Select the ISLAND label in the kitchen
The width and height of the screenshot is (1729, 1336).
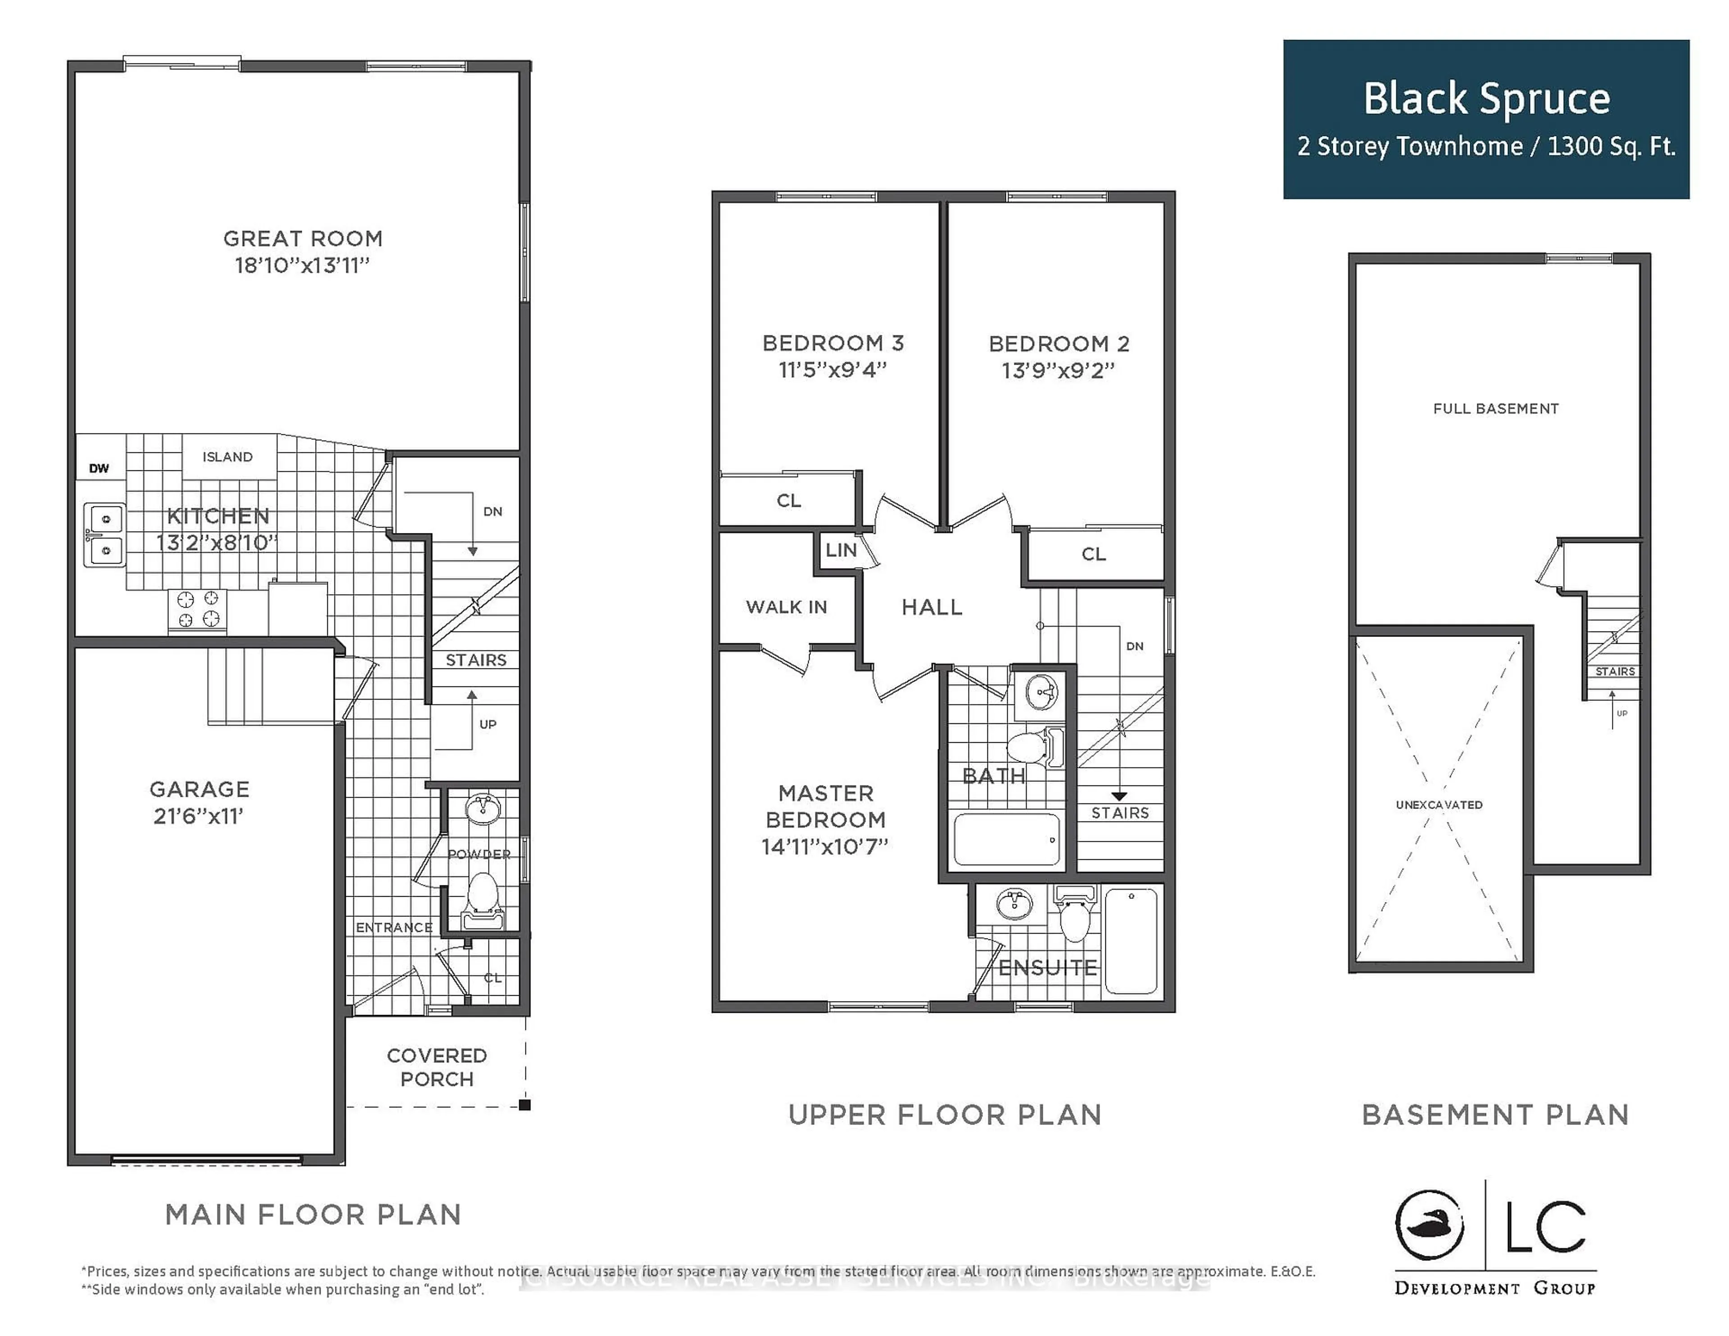[x=227, y=457]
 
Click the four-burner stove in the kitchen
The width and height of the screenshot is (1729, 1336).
[x=198, y=609]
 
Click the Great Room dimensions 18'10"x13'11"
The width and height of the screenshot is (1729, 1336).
[x=303, y=265]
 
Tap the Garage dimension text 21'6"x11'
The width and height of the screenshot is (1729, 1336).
[x=198, y=816]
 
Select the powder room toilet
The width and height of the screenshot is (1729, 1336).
[x=482, y=898]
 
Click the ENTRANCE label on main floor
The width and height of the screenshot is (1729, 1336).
[x=394, y=927]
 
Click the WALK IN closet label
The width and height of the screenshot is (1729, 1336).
[x=786, y=607]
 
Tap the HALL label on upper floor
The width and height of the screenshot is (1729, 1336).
[x=932, y=607]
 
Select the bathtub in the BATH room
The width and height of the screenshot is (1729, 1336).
[x=1006, y=839]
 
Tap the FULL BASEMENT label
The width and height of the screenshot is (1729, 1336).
[x=1495, y=408]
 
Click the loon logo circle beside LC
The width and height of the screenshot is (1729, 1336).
[x=1429, y=1225]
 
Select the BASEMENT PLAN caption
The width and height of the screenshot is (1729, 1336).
[x=1495, y=1115]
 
